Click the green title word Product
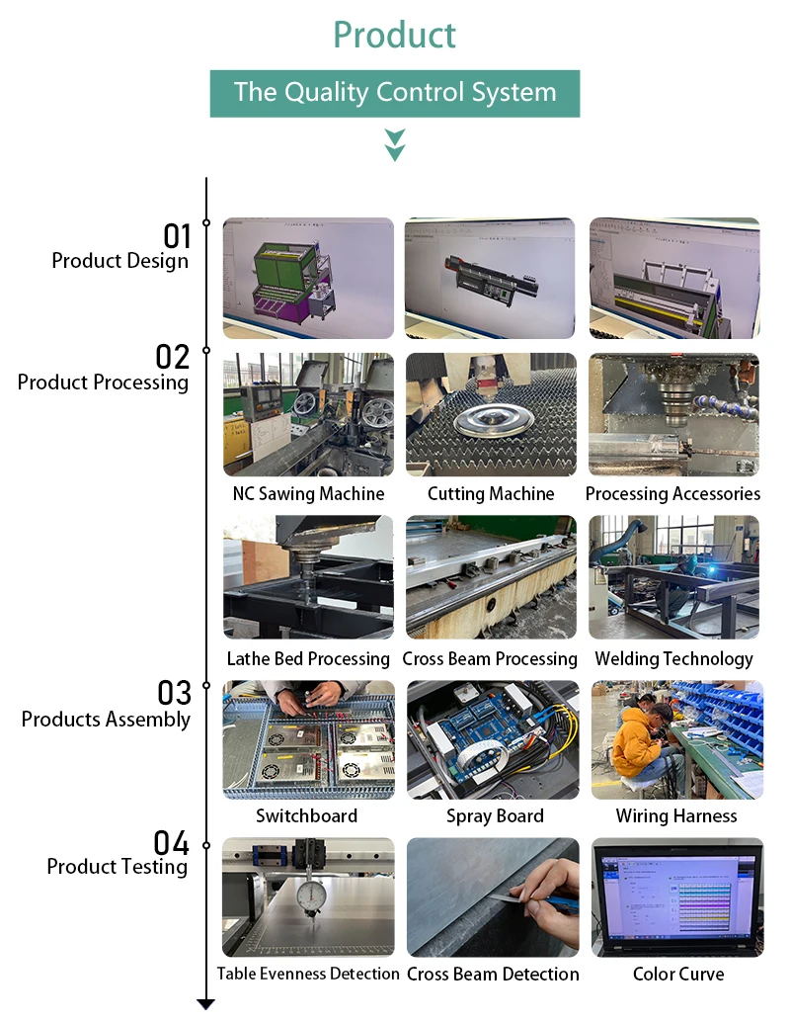pyautogui.click(x=394, y=35)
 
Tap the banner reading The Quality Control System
pyautogui.click(x=394, y=93)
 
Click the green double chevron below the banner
pyautogui.click(x=395, y=144)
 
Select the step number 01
pyautogui.click(x=177, y=236)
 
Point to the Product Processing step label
pyautogui.click(x=103, y=383)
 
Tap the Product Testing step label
pyautogui.click(x=117, y=867)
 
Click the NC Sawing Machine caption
pyautogui.click(x=308, y=493)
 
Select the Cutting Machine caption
pyautogui.click(x=491, y=493)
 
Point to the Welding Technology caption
pyautogui.click(x=673, y=658)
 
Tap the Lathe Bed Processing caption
pyautogui.click(x=308, y=658)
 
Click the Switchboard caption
pyautogui.click(x=307, y=815)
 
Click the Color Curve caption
pyautogui.click(x=677, y=974)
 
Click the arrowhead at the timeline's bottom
pyautogui.click(x=205, y=1004)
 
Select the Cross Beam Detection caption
pyautogui.click(x=493, y=974)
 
